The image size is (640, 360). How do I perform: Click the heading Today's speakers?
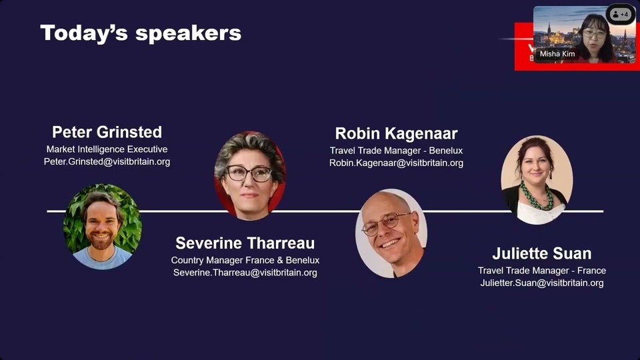141,33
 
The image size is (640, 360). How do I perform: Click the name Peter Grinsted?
107,132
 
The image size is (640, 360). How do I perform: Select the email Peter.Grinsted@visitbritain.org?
107,161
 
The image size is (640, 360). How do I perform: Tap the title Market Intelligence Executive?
107,149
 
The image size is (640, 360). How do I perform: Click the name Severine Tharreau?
245,243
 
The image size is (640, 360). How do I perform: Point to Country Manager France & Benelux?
245,261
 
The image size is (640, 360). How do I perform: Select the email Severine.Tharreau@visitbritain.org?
245,273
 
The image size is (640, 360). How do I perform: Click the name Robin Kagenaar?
396,133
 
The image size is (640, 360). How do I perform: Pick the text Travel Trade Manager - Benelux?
396,151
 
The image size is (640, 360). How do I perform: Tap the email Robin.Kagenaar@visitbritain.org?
396,163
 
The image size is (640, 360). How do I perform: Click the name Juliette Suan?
541,253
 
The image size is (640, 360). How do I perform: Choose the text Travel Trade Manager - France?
541,271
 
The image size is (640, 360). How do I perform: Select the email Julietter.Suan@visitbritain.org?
541,283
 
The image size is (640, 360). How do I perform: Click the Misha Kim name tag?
557,54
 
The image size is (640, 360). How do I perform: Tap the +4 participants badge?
621,14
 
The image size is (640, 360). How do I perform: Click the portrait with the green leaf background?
103,227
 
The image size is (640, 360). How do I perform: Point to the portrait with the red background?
250,176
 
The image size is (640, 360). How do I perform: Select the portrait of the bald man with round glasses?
391,233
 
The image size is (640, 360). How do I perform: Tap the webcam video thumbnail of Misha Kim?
585,35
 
